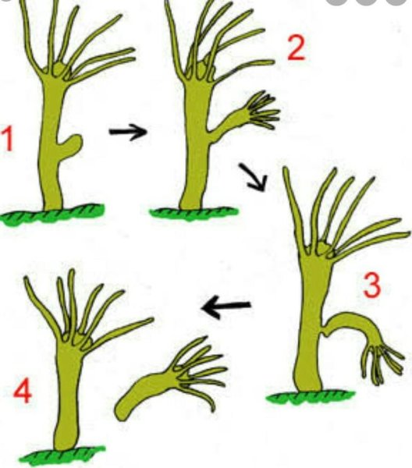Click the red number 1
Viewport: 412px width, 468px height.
point(8,139)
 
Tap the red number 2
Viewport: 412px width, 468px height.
point(297,48)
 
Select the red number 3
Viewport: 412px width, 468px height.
point(372,285)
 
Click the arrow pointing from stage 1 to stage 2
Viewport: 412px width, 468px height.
point(129,132)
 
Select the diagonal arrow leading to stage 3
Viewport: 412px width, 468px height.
point(253,177)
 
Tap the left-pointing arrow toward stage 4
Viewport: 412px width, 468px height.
point(226,307)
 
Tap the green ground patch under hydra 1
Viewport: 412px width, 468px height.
point(52,214)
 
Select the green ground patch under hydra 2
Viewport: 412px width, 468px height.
point(194,212)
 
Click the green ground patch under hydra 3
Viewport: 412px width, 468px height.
point(311,396)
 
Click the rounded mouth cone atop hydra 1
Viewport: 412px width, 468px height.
point(59,69)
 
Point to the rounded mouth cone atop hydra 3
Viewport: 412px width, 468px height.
point(321,248)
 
